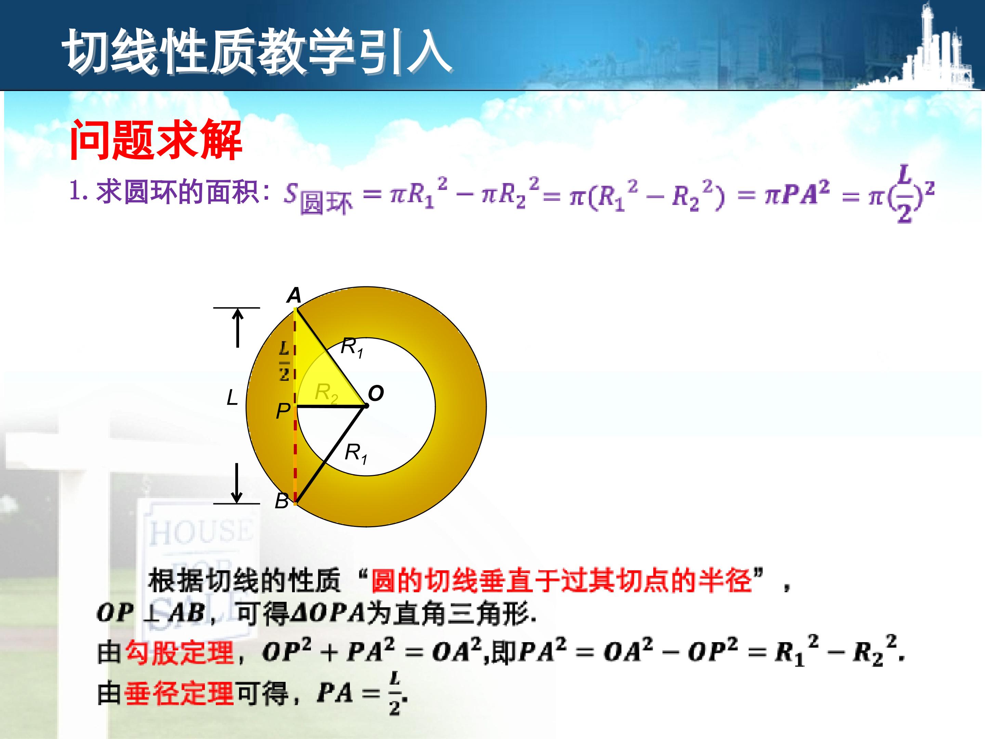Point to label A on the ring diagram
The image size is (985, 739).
click(x=294, y=295)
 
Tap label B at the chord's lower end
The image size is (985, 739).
click(x=281, y=501)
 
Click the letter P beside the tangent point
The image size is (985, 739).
click(x=283, y=411)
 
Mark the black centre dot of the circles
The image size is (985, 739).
click(x=366, y=406)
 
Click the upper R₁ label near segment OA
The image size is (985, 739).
click(x=352, y=348)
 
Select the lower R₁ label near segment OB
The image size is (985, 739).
click(x=356, y=453)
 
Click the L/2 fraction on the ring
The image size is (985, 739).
click(x=284, y=361)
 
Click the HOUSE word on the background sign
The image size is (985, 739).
click(x=201, y=532)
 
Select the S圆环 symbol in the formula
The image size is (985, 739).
click(x=317, y=199)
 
